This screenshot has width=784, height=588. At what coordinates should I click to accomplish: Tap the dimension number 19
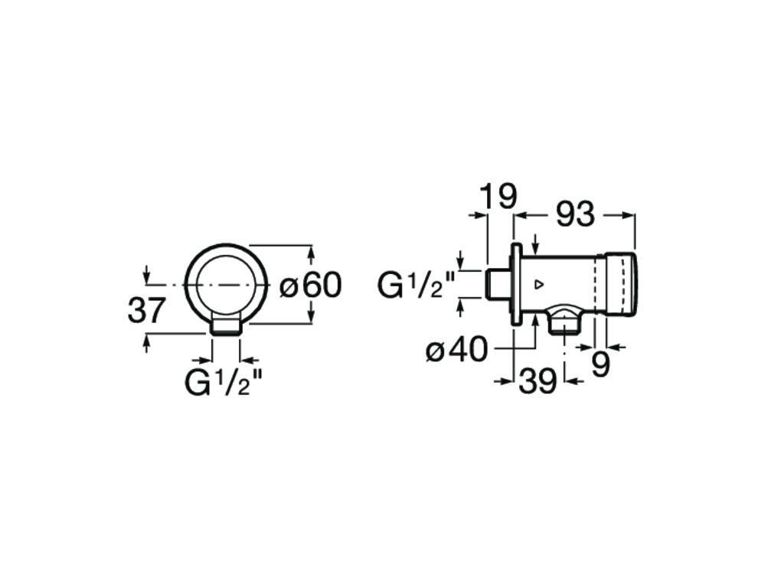coord(498,196)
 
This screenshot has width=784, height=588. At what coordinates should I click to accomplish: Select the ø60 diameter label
coord(311,286)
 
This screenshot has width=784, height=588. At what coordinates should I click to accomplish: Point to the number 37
coord(146,311)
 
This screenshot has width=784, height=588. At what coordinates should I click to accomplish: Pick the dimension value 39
coord(537,381)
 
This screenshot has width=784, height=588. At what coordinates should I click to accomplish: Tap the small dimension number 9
coord(601,365)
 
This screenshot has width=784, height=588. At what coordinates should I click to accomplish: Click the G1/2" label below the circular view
coord(218,382)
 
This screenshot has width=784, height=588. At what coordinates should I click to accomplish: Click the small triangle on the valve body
coord(538,286)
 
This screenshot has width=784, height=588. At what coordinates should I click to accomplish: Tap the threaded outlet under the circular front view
coord(226,328)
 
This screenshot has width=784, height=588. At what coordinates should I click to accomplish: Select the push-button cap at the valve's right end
coord(620,284)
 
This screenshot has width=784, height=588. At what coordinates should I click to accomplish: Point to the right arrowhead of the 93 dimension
coord(629,216)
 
